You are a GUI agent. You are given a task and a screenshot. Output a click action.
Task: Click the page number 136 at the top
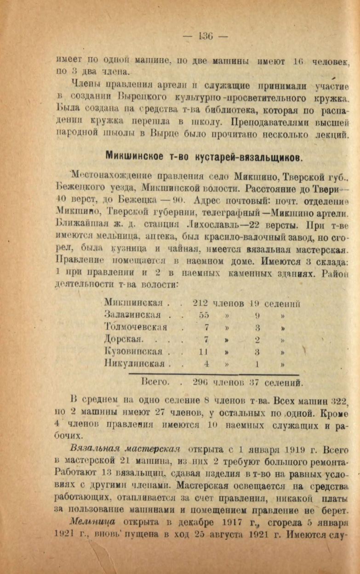click(206, 36)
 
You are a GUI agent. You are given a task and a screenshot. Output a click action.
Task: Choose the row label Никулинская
click(134, 364)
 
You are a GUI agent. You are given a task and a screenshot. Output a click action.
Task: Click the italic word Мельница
click(92, 510)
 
